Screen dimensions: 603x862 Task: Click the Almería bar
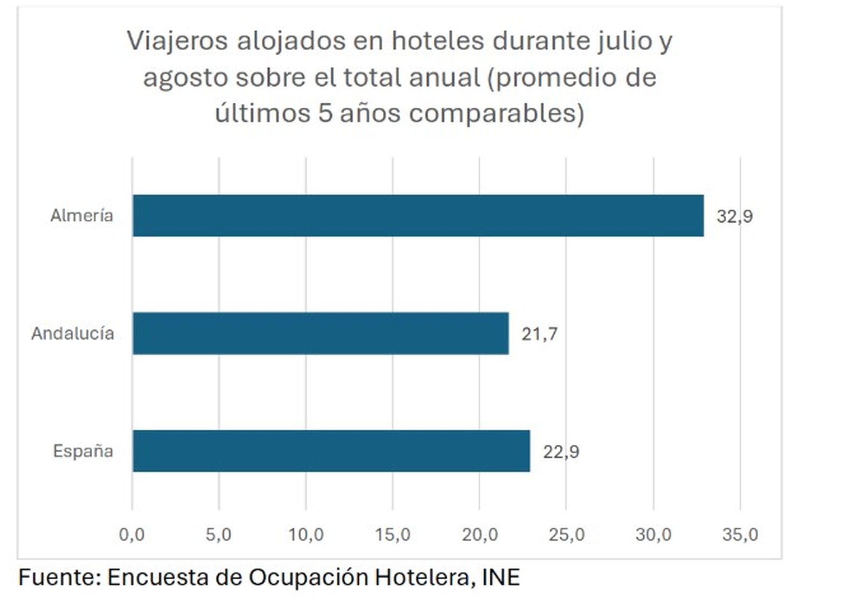pyautogui.click(x=418, y=215)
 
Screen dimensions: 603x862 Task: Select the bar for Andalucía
pyautogui.click(x=321, y=333)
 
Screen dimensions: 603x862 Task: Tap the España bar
pyautogui.click(x=331, y=451)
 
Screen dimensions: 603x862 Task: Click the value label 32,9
pyautogui.click(x=734, y=216)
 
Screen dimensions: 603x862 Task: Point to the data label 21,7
pyautogui.click(x=539, y=334)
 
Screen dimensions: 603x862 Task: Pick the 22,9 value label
pyautogui.click(x=561, y=451)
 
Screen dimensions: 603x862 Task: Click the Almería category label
pyautogui.click(x=82, y=215)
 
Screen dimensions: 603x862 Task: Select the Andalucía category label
pyautogui.click(x=73, y=333)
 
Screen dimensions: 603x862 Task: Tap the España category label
pyautogui.click(x=83, y=451)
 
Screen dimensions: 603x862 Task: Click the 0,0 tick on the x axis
pyautogui.click(x=132, y=534)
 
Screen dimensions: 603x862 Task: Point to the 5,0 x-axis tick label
pyautogui.click(x=219, y=534)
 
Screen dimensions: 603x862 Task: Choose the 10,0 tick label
pyautogui.click(x=306, y=534)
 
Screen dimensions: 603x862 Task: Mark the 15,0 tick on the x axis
pyautogui.click(x=393, y=534)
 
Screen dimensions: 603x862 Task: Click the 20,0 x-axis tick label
pyautogui.click(x=479, y=534)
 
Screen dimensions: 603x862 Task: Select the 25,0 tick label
pyautogui.click(x=567, y=534)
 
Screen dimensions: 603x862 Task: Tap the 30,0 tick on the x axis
pyautogui.click(x=654, y=534)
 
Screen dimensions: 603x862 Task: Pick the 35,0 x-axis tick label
pyautogui.click(x=740, y=534)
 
